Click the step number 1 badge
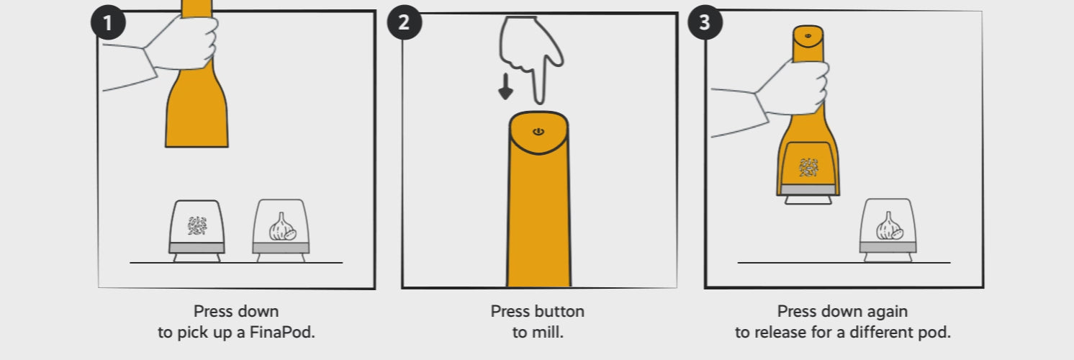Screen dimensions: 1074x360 [108, 22]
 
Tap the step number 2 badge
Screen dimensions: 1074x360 [404, 22]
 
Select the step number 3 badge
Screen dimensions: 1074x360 [705, 22]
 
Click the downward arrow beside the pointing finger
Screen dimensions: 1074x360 [505, 87]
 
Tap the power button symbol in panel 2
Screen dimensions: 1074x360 [538, 131]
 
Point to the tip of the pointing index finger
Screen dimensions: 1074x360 [540, 102]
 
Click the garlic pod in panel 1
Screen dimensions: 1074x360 [281, 230]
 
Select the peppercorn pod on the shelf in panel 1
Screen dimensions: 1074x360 [197, 231]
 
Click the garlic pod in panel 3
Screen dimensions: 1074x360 [888, 230]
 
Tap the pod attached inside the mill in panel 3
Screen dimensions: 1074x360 [808, 173]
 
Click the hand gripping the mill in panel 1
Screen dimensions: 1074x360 [181, 43]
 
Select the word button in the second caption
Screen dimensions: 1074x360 [559, 312]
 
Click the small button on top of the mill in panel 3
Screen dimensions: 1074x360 [808, 35]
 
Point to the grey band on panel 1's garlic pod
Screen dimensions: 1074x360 [281, 248]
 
